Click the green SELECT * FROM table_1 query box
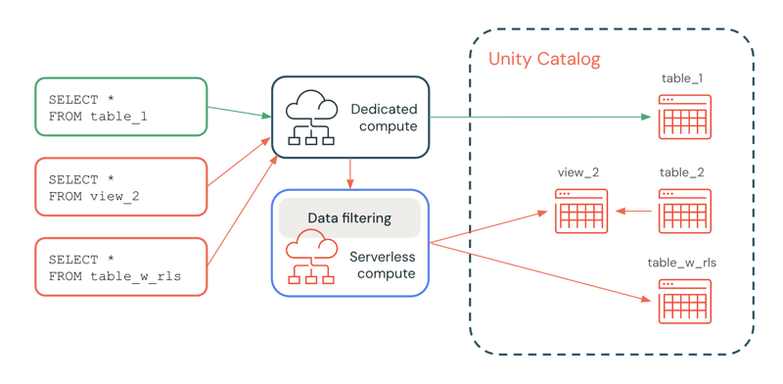120,107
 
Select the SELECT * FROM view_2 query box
120,187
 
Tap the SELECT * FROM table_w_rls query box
120,267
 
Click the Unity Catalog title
544,60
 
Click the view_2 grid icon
581,211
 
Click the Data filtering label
349,217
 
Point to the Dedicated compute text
384,118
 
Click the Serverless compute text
382,264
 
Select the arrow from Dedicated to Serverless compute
350,173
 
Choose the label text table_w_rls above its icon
681,263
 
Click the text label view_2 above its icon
577,172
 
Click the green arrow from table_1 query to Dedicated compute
239,112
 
